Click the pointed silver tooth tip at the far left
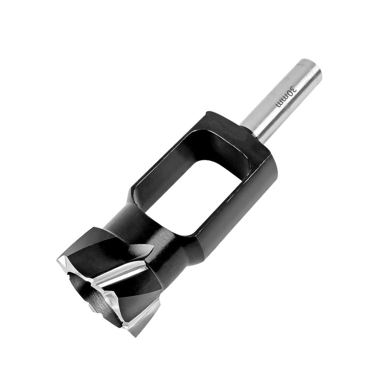pyautogui.click(x=58, y=260)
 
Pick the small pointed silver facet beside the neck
pyautogui.click(x=144, y=249)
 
